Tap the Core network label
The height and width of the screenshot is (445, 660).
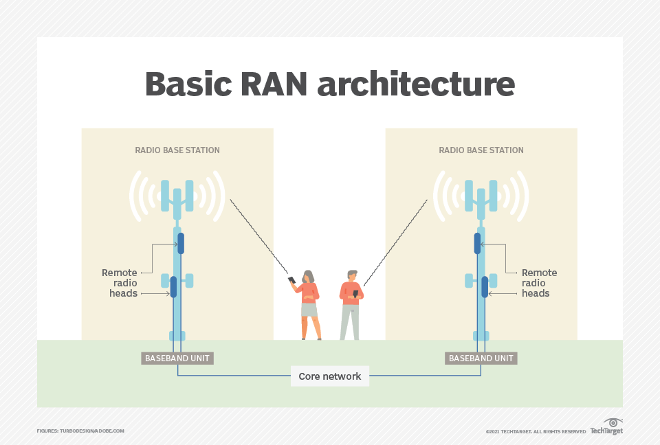point(330,376)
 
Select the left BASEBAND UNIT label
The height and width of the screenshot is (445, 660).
point(177,358)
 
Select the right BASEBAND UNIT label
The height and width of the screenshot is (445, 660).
point(481,358)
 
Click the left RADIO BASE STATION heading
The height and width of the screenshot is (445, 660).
point(177,150)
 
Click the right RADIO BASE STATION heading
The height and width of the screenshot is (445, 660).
point(481,150)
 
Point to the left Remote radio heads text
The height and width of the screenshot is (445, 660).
point(120,283)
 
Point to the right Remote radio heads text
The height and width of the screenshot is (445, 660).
point(539,283)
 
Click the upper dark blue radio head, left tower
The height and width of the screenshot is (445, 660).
point(181,243)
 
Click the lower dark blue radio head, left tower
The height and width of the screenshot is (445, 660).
point(173,286)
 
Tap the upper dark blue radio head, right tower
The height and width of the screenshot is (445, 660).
point(477,243)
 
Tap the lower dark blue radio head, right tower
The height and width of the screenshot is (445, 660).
point(485,286)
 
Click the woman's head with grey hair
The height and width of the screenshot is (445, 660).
point(309,276)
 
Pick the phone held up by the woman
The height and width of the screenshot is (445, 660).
point(291,280)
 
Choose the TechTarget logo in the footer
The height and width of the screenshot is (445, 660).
point(607,427)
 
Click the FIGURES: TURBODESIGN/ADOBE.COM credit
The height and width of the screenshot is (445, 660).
point(80,431)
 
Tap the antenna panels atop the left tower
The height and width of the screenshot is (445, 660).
point(177,195)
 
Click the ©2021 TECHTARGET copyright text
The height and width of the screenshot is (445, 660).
point(536,431)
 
